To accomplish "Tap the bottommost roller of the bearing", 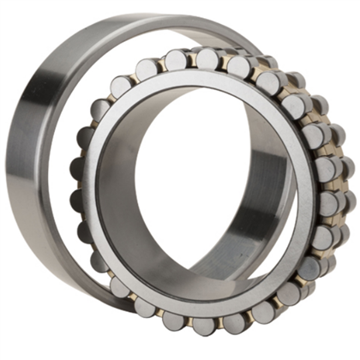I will point(204,326).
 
